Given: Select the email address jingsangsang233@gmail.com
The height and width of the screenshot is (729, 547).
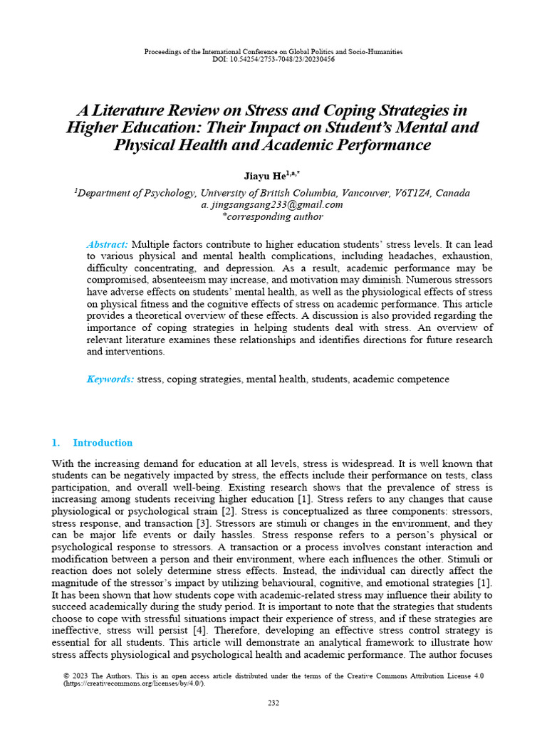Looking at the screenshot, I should click(x=277, y=205).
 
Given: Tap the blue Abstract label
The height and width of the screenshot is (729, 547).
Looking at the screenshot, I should click(x=108, y=243).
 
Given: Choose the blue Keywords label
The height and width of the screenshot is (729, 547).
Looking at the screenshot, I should click(x=110, y=379).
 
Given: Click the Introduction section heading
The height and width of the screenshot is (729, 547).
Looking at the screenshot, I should click(x=103, y=443).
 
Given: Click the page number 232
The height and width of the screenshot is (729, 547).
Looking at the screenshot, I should click(x=273, y=703).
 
